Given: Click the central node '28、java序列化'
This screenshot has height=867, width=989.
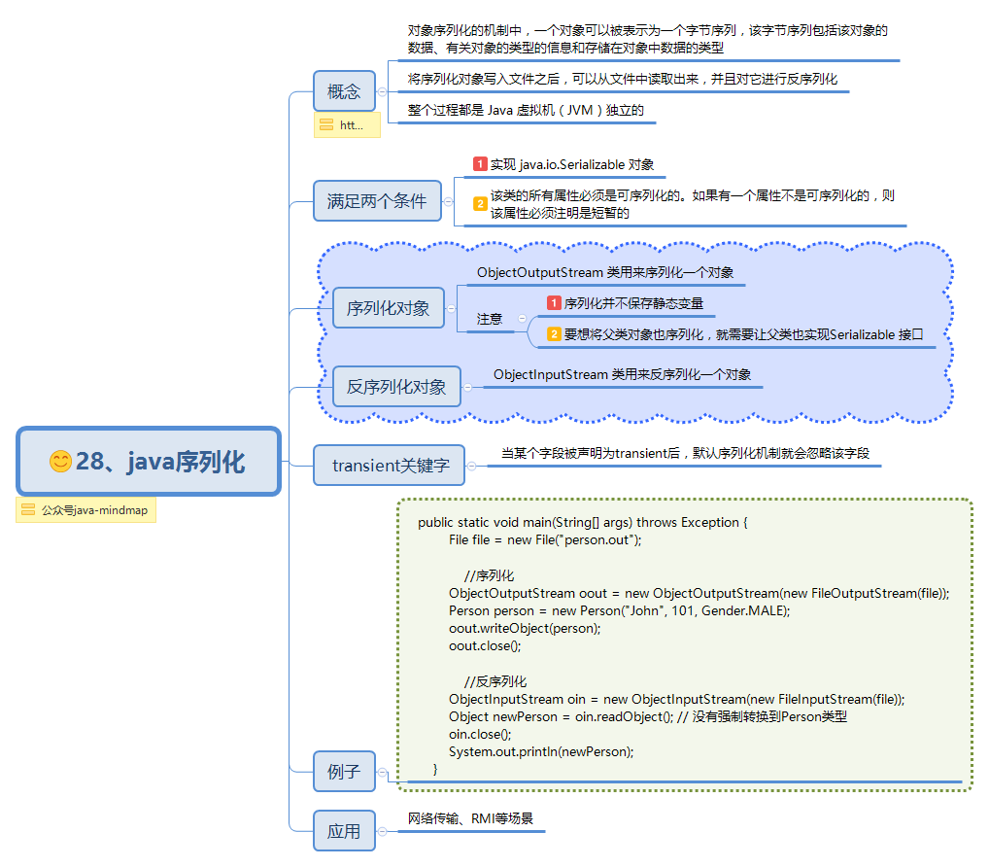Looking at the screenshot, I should [x=149, y=462].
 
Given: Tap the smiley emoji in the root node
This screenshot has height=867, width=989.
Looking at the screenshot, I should [x=60, y=462].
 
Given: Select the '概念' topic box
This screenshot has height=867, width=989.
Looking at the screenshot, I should [x=344, y=91].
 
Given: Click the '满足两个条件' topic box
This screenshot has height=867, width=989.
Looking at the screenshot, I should [x=377, y=201].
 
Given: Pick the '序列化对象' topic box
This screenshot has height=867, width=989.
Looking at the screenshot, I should [x=388, y=308].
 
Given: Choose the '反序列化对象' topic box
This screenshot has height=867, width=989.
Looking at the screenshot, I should [x=396, y=386].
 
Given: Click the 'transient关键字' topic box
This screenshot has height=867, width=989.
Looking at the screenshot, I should [x=390, y=465].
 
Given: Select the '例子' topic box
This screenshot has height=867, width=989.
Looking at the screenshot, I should [x=344, y=773].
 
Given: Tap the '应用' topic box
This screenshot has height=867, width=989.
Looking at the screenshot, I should [x=344, y=831].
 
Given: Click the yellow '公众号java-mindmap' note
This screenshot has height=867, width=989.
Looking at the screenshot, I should [x=85, y=509].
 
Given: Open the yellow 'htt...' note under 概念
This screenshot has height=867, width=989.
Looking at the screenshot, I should [x=346, y=125].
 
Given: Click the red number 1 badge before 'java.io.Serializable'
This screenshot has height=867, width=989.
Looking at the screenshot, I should [x=480, y=164].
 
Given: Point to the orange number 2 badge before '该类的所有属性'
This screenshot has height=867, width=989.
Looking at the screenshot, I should [x=480, y=204].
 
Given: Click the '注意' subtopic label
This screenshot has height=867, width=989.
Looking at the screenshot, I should [x=490, y=319].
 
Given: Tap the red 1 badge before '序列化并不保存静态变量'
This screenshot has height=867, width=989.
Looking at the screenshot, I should [x=554, y=303].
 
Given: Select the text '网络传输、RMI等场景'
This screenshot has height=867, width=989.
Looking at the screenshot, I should [x=470, y=818].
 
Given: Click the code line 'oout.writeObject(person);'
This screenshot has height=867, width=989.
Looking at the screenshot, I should [x=525, y=628].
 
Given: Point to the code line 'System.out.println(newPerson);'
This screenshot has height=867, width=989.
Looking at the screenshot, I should [x=541, y=751].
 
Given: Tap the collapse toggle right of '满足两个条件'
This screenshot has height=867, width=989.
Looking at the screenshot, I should [x=448, y=201].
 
